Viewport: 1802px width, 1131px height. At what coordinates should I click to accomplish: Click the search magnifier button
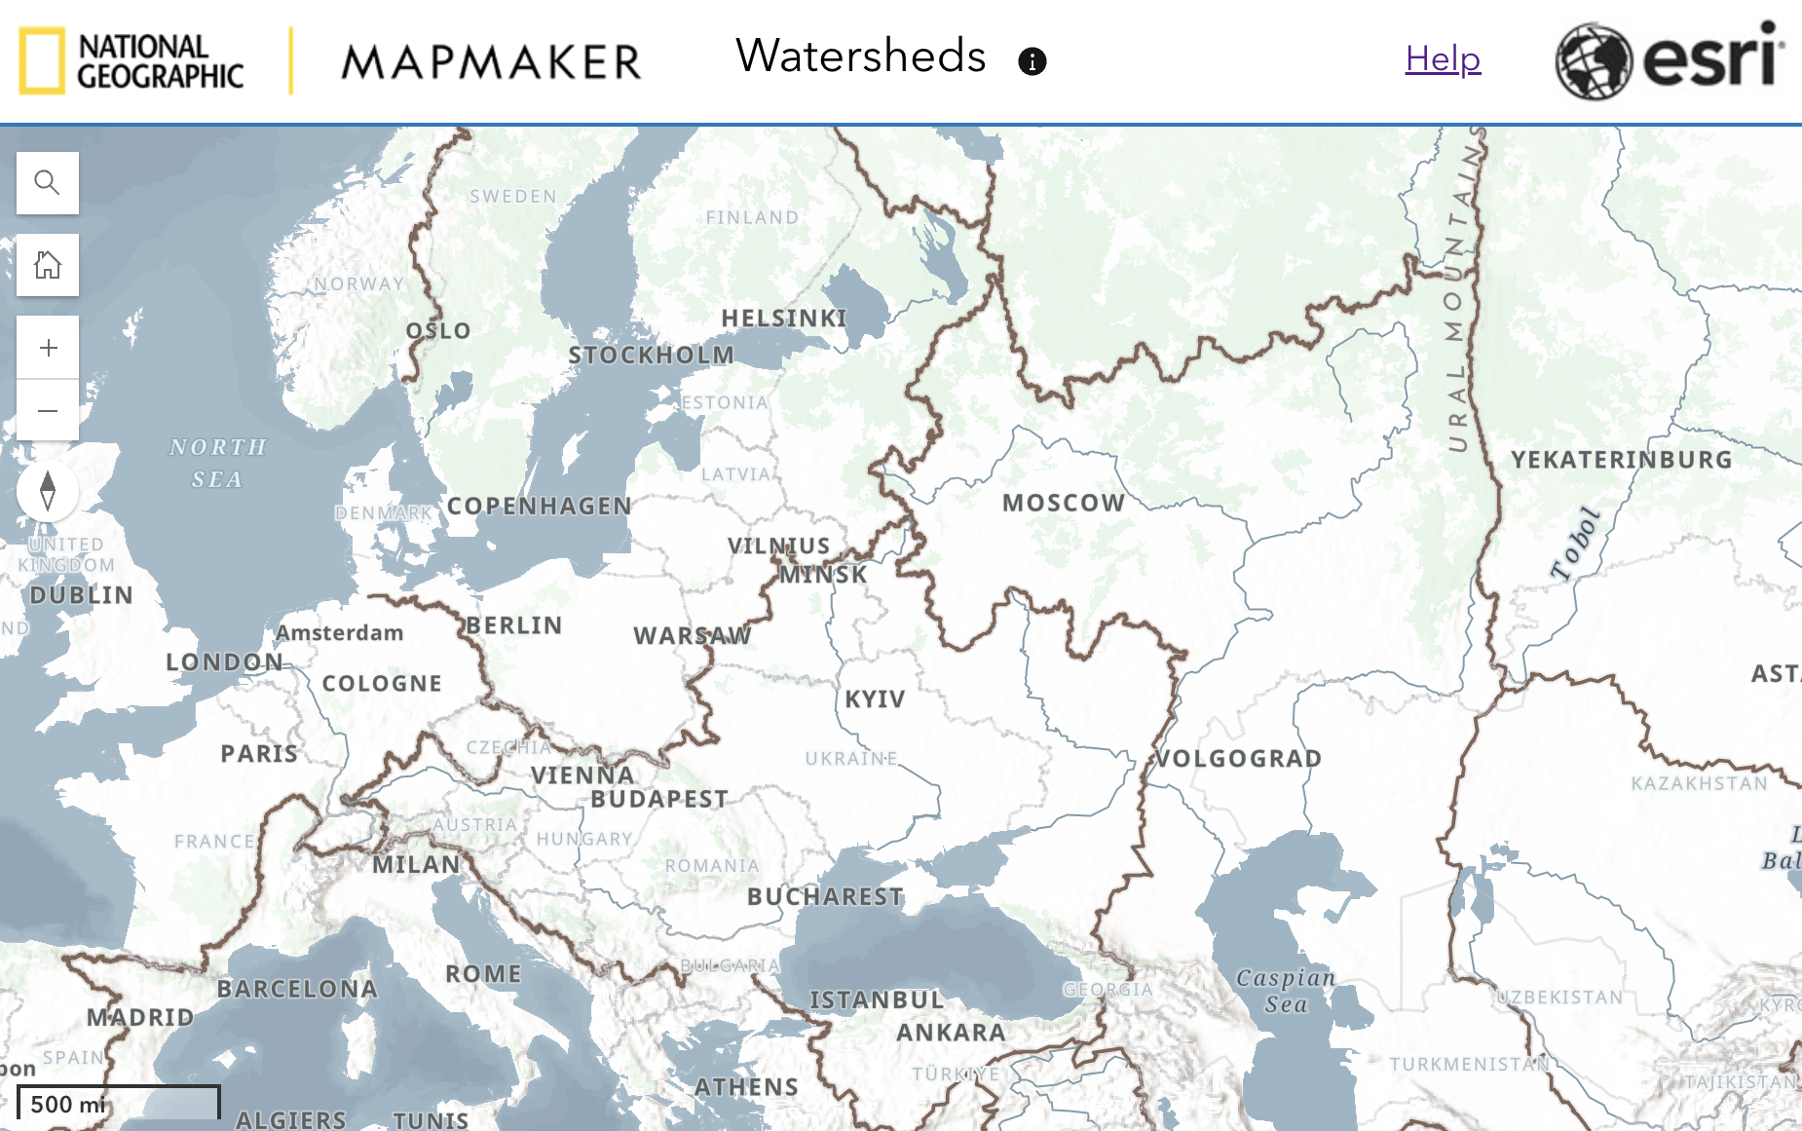pyautogui.click(x=47, y=182)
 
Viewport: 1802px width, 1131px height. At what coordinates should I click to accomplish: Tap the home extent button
pyautogui.click(x=47, y=264)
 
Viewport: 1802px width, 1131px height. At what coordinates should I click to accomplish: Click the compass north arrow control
pyautogui.click(x=47, y=490)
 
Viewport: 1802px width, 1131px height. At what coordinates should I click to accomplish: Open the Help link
pyautogui.click(x=1443, y=59)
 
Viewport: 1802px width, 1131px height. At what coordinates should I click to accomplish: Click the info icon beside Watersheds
pyautogui.click(x=1032, y=61)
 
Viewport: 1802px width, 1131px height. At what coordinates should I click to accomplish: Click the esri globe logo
pyautogui.click(x=1593, y=60)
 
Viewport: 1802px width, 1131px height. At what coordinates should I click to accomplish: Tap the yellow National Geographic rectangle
pyautogui.click(x=42, y=60)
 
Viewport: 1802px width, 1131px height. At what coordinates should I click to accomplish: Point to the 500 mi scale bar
pyautogui.click(x=118, y=1103)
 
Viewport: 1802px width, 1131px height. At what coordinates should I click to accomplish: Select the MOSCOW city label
pyautogui.click(x=1064, y=503)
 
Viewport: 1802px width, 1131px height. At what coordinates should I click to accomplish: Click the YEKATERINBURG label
pyautogui.click(x=1622, y=460)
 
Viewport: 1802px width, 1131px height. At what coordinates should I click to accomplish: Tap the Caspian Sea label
pyautogui.click(x=1286, y=991)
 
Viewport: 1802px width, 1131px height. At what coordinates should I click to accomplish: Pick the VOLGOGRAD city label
pyautogui.click(x=1238, y=758)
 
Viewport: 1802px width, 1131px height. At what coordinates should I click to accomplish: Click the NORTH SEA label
pyautogui.click(x=217, y=463)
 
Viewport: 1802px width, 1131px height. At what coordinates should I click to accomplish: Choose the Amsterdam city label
pyautogui.click(x=339, y=633)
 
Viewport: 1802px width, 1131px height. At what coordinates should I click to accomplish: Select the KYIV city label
pyautogui.click(x=875, y=699)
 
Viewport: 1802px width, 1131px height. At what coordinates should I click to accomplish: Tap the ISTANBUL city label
pyautogui.click(x=877, y=999)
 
